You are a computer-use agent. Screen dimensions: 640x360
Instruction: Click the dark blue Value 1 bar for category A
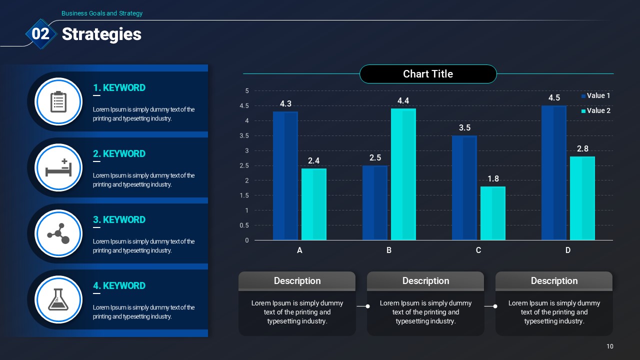coord(285,175)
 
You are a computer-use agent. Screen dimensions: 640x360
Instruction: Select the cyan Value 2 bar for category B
coord(403,174)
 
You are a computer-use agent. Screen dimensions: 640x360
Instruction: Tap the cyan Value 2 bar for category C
coord(493,213)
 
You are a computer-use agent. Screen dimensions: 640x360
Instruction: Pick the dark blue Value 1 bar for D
coord(554,173)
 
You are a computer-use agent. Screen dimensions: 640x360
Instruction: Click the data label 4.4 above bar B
coord(403,101)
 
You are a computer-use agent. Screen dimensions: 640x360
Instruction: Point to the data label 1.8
coord(493,179)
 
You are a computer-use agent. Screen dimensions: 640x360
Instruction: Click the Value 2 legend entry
coord(596,110)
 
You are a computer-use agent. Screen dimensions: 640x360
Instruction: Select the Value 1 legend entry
coord(596,95)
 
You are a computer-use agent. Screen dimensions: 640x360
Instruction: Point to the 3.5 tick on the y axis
coord(244,135)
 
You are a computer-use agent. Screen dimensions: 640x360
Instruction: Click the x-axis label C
coord(478,250)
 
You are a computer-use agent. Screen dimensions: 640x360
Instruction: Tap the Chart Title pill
coord(428,74)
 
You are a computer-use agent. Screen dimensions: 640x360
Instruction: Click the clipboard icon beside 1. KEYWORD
coord(58,101)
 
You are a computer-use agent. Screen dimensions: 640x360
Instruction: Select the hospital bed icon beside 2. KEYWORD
coord(58,167)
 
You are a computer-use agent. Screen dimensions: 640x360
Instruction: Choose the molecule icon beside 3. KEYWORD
coord(58,233)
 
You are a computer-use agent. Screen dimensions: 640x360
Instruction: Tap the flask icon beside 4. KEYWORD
coord(58,299)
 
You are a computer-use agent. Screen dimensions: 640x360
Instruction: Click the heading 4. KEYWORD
coord(119,285)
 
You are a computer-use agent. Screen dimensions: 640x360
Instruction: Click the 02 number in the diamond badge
coord(40,33)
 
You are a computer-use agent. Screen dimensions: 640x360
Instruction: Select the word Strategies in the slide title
coord(101,34)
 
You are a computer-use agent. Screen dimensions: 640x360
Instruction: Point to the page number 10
coord(610,346)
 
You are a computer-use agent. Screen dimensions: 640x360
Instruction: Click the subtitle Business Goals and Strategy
coord(102,13)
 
